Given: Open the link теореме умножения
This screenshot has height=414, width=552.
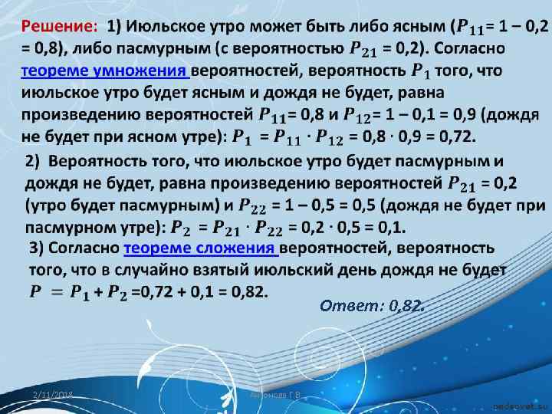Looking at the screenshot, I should point(104,71).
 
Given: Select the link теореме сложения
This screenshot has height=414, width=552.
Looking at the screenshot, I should point(202,249).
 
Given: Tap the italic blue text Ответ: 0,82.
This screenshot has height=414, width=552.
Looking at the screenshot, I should point(370,307).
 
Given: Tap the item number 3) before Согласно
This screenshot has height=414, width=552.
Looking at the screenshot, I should point(39,249).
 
